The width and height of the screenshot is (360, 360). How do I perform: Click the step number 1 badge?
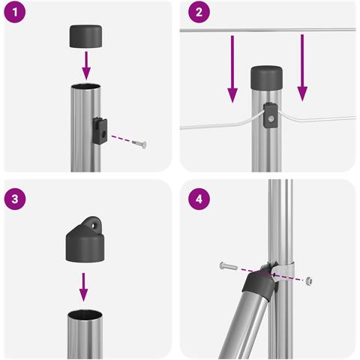pos(15,12)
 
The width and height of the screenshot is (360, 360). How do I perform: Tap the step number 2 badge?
pos(199,12)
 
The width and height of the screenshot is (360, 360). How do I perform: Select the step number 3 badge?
pos(15,199)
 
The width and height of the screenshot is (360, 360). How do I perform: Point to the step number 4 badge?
pos(199,199)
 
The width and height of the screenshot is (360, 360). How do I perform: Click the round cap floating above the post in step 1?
pos(85,36)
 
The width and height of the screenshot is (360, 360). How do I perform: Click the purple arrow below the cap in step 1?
pos(86,65)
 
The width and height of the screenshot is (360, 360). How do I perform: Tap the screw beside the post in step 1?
pos(139,144)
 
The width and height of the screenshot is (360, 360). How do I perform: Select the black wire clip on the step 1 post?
pos(100,130)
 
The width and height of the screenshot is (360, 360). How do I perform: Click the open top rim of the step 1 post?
pos(85,87)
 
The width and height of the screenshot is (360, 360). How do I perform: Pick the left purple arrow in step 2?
pos(232,69)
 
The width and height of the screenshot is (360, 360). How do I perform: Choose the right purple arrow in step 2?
pos(302,67)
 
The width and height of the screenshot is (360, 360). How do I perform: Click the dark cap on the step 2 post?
pos(267,78)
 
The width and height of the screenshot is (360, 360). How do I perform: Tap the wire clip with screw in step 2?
pos(271,115)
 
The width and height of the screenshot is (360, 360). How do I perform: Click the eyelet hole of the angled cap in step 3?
pos(94,225)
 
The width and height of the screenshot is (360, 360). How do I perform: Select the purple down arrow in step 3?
pos(83,287)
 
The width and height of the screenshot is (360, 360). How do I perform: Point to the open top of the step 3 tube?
pos(85,314)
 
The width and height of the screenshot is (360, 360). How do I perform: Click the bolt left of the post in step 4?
pos(229,266)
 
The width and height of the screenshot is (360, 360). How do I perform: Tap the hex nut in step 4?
pos(309,281)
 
